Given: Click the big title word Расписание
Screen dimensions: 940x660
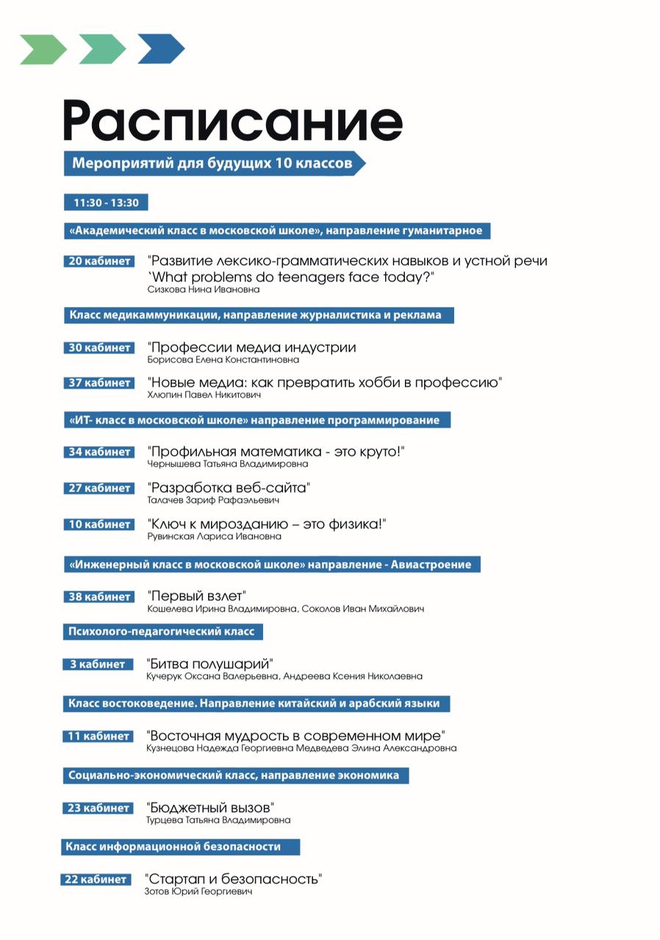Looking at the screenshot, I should coord(232,121).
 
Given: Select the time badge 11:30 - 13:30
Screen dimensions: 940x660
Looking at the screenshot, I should coord(106,203).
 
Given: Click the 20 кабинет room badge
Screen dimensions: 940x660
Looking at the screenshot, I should coord(99,261).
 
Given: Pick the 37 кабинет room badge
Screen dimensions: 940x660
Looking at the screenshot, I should coord(99,383).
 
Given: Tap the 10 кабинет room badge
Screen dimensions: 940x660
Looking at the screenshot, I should coord(99,524).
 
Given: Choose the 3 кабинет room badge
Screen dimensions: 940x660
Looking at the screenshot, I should coord(98,664).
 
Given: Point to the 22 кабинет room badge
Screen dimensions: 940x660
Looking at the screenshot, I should coord(96,879).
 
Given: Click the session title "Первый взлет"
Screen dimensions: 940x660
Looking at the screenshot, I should coord(196,596).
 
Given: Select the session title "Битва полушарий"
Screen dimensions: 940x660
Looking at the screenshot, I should coord(210,663).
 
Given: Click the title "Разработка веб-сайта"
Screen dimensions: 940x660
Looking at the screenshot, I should coord(229,488).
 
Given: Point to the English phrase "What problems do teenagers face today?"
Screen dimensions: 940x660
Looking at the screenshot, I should coord(292,276).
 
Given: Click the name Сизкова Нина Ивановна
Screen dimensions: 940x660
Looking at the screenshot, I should coord(204,289).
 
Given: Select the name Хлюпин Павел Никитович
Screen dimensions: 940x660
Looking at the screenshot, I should coord(205,395).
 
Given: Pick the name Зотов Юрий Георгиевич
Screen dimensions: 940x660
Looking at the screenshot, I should coord(198,892).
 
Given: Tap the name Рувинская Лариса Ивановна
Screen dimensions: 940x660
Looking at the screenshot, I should coord(215,536).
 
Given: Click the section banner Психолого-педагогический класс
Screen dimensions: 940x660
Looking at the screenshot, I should coord(162,632).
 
